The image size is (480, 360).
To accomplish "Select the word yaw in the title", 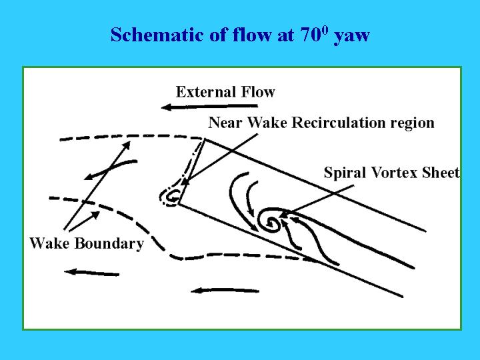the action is point(352,37).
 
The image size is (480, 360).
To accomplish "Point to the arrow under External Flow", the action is point(209,107).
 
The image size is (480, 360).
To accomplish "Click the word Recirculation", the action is point(338,123).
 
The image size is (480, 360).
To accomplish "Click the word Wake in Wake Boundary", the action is point(49,243).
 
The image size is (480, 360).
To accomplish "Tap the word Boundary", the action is point(109,244).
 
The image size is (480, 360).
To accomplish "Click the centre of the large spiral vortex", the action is point(271,223).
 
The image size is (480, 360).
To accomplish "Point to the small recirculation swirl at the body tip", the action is point(170,197).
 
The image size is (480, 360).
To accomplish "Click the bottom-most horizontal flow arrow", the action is point(225,290).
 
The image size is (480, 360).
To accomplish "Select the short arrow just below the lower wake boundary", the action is point(92,273).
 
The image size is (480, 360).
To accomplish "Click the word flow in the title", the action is point(251,34).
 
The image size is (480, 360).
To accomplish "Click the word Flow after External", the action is point(258,92).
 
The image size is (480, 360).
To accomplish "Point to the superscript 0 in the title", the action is point(326,31).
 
